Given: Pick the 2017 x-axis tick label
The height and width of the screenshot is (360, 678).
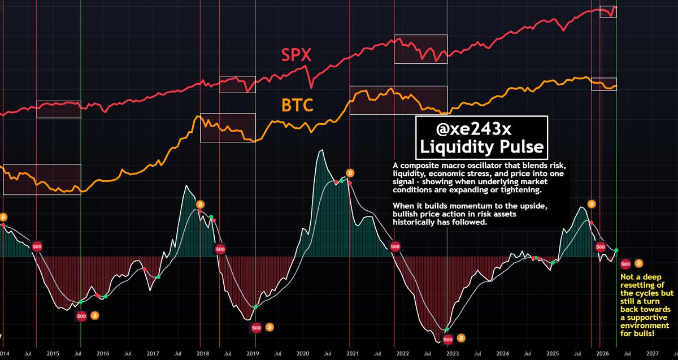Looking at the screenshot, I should click(x=153, y=353).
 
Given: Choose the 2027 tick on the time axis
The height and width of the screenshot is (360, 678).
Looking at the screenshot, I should click(x=653, y=353).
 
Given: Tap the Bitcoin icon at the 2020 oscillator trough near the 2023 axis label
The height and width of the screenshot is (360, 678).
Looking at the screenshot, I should click(x=462, y=339).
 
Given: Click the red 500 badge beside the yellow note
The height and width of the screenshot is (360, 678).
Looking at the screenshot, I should click(x=625, y=263).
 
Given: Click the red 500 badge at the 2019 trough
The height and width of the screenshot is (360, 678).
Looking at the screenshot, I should click(x=256, y=327).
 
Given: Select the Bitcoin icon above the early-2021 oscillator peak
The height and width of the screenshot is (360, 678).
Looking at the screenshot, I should click(x=350, y=172).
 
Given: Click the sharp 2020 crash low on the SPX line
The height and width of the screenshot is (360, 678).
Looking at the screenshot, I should click(x=311, y=86).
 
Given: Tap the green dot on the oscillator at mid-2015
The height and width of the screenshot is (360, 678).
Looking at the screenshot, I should click(x=81, y=302).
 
